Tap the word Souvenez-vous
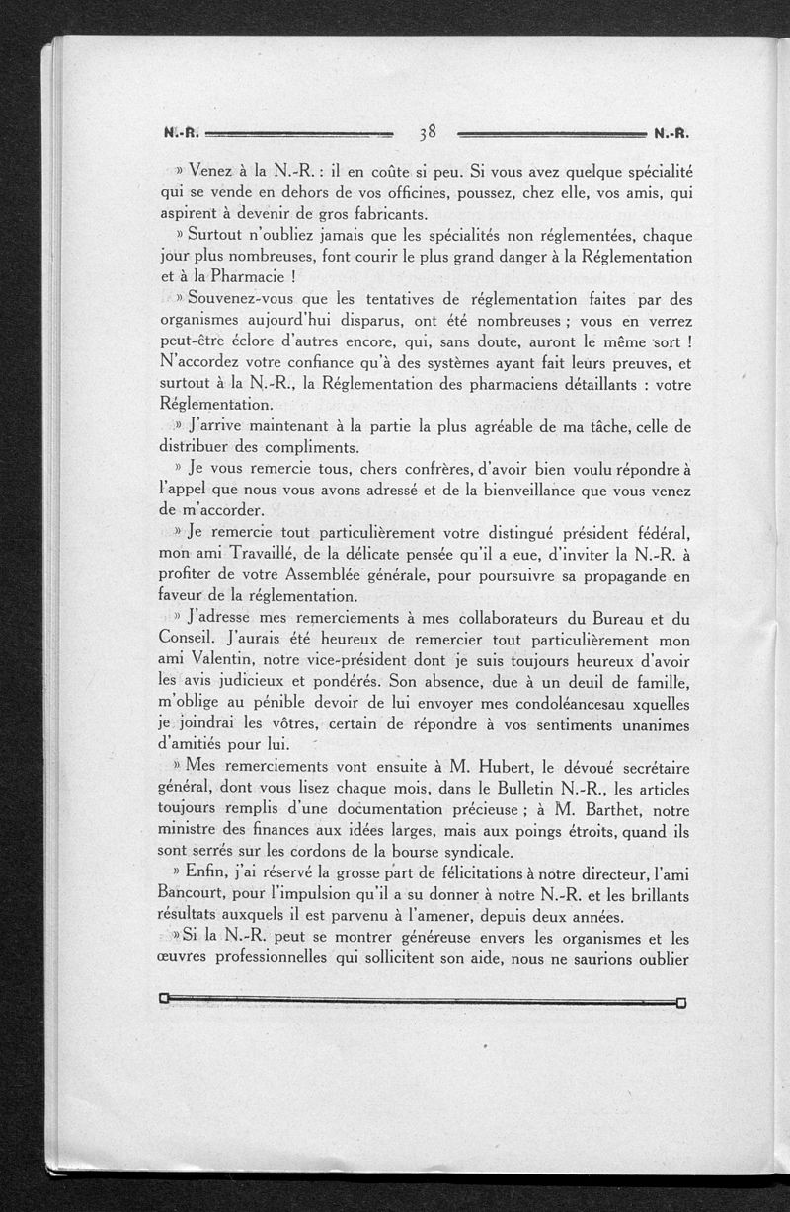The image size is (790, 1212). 256,298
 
